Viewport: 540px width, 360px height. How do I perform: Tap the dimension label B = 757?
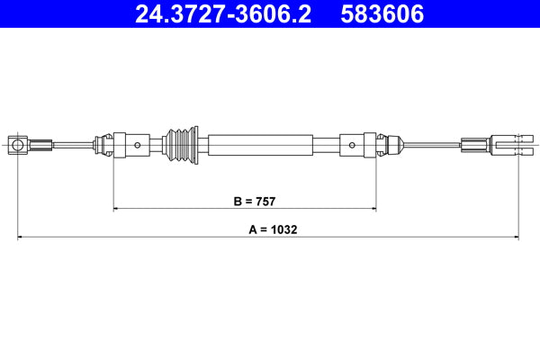[x=245, y=202]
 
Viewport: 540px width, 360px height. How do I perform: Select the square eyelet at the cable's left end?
[x=18, y=144]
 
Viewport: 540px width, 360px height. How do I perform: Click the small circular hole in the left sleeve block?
[x=137, y=144]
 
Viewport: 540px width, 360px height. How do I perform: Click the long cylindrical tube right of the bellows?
[x=260, y=144]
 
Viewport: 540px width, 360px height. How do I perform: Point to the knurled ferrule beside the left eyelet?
[x=40, y=144]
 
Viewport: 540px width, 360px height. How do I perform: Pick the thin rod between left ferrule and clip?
[x=72, y=144]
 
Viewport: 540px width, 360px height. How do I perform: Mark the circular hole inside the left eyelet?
[x=17, y=144]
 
